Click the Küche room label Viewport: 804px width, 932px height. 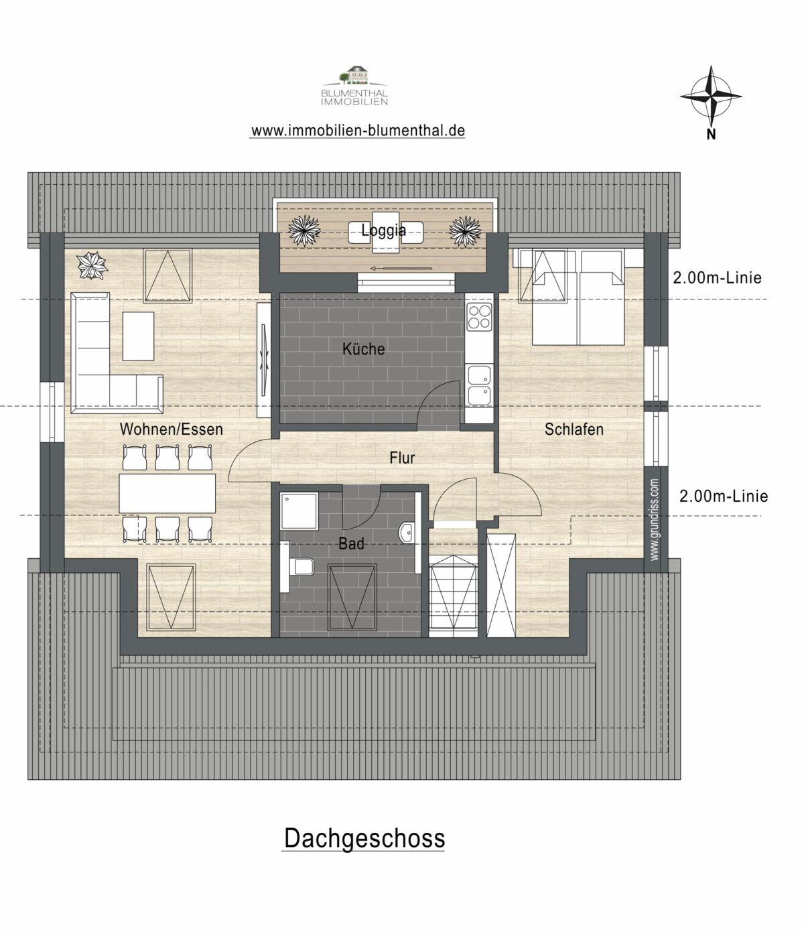[363, 349]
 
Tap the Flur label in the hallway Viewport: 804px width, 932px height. [402, 458]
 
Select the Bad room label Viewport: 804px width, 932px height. [351, 544]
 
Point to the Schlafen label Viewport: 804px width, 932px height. [574, 429]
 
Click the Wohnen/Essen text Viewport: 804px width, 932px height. [172, 429]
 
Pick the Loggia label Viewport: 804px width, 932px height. [384, 230]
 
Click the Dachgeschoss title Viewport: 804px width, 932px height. [364, 839]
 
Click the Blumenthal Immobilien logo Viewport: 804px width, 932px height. [354, 86]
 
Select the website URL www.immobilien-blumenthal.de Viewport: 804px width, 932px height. [358, 131]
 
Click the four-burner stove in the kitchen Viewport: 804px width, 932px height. [479, 317]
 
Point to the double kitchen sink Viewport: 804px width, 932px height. [479, 385]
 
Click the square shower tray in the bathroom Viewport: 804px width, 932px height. [299, 511]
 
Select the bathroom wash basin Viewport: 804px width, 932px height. [405, 533]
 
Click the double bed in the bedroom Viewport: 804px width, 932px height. [578, 298]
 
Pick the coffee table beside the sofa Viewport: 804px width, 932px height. [138, 336]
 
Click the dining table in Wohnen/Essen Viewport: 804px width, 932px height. [167, 493]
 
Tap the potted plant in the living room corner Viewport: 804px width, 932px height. [92, 265]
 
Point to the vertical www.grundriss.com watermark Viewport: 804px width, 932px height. [655, 519]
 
